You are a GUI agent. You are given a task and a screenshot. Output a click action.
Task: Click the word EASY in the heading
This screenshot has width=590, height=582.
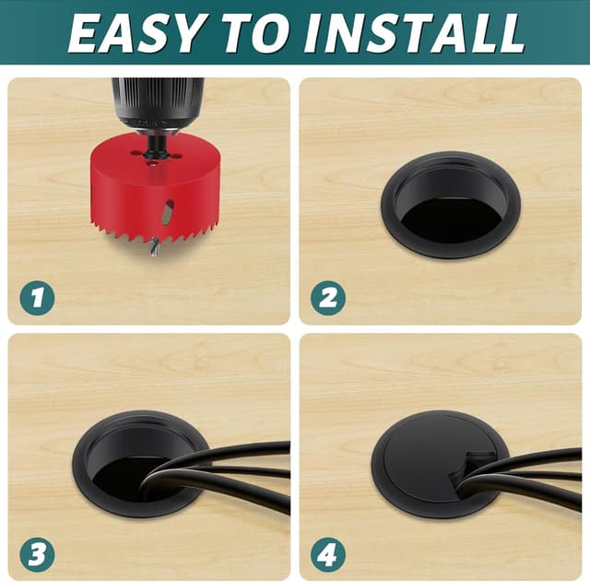137,33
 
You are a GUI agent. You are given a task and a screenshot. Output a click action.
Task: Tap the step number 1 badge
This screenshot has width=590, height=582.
37,297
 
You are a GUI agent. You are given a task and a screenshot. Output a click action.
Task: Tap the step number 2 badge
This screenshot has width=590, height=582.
328,297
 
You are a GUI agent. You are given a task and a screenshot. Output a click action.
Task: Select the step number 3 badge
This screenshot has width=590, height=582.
37,554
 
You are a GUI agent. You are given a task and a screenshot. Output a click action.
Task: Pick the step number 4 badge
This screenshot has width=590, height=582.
328,554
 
